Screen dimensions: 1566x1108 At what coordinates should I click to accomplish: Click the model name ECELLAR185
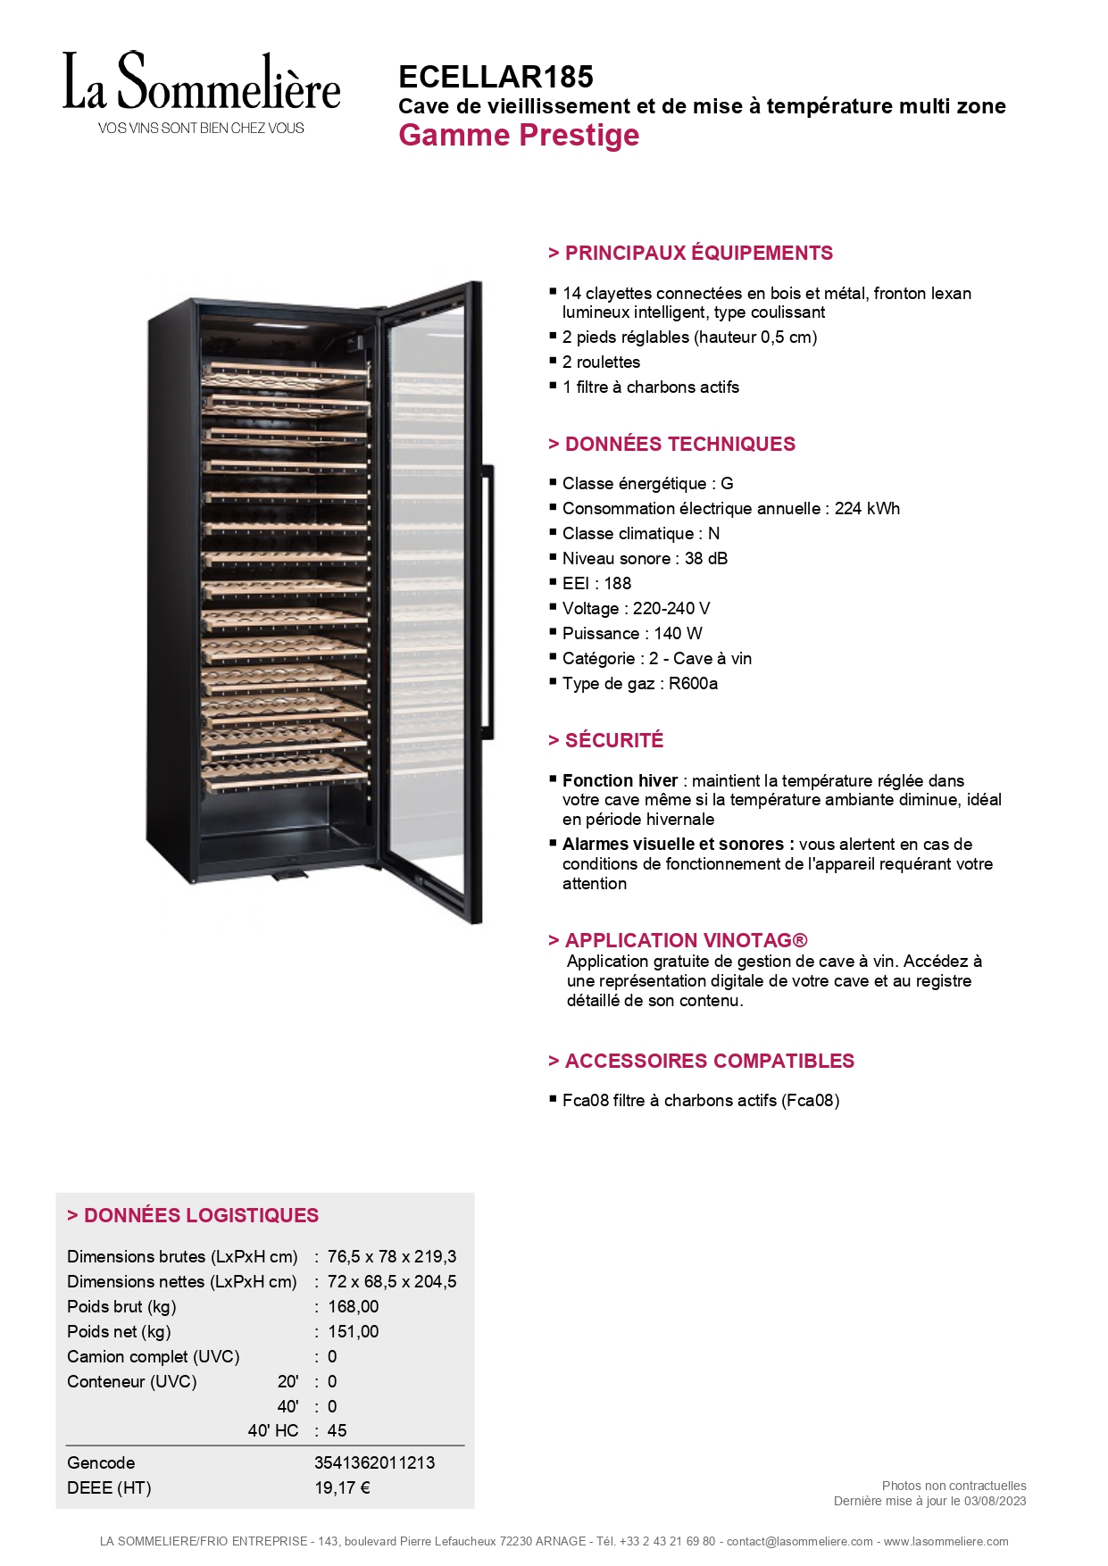point(496,77)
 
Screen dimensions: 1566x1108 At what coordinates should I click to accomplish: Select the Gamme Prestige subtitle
point(519,136)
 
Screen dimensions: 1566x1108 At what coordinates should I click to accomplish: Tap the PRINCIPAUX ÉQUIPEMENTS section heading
point(690,253)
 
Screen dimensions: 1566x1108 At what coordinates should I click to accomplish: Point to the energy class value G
point(727,483)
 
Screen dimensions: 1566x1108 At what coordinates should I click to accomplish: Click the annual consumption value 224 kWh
point(867,508)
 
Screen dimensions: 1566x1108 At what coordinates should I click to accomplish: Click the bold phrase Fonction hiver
point(620,780)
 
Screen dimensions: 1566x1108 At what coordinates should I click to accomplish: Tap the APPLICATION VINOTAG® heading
point(678,940)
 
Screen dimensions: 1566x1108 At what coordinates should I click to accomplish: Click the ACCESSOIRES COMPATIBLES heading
point(701,1061)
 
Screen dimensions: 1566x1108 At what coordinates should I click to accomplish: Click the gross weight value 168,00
point(353,1306)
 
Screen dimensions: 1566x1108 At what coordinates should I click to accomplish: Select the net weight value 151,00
point(353,1331)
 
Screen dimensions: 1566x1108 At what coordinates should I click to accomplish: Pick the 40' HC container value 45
point(337,1430)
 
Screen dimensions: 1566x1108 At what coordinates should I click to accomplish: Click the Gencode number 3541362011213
point(374,1462)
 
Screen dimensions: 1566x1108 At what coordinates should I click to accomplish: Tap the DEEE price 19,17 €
point(342,1487)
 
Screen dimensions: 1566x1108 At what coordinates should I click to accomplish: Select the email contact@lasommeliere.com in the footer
point(799,1541)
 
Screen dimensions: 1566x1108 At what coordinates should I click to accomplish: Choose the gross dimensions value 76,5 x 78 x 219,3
point(392,1256)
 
